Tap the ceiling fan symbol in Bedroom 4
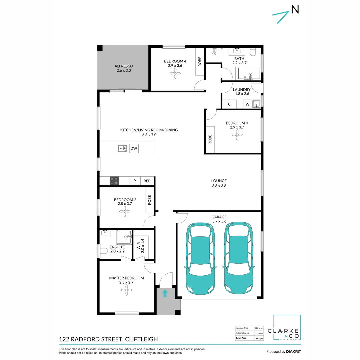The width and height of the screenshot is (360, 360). click(x=175, y=75)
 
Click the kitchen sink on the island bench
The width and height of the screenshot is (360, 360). click(x=122, y=148)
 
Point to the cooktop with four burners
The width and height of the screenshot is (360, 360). click(x=114, y=181)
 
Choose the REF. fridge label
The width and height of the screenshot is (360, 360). click(x=147, y=181)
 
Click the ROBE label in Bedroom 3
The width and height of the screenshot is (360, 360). click(x=210, y=139)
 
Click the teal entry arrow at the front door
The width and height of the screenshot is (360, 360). click(x=165, y=293)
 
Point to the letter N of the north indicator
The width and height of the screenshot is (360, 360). click(x=295, y=10)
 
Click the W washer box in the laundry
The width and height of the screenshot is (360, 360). click(x=247, y=104)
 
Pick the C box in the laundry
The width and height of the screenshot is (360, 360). click(x=229, y=104)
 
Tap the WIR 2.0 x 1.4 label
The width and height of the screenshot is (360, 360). click(x=141, y=246)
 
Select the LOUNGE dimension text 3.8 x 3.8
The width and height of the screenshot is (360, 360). click(x=219, y=186)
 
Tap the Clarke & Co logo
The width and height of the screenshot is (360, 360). click(x=287, y=328)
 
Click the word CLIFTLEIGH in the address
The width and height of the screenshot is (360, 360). click(x=140, y=339)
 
